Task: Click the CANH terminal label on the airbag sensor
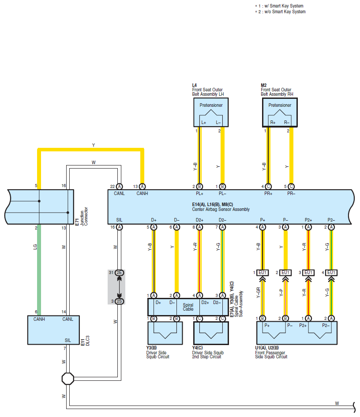142,193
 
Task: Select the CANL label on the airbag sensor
119,193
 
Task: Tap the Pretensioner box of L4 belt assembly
211,112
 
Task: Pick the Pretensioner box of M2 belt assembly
280,112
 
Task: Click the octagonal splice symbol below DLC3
68,379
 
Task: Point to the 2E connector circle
120,273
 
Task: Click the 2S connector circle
120,301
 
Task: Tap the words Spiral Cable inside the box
188,307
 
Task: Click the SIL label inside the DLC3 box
68,340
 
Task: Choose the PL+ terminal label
199,193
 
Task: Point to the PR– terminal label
291,193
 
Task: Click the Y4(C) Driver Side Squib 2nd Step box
211,333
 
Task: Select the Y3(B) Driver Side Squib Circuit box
165,333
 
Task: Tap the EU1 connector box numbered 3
308,273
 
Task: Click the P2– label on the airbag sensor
331,220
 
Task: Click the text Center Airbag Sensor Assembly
221,209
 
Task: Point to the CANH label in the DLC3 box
39,319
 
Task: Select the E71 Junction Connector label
81,217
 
